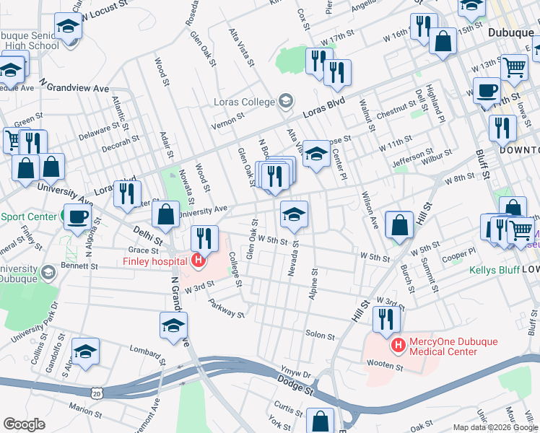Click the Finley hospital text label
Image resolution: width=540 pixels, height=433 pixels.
pyautogui.click(x=156, y=261)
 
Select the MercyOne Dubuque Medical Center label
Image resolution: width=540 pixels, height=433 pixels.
pyautogui.click(x=443, y=346)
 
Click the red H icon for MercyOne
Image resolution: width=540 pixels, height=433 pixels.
pyautogui.click(x=397, y=346)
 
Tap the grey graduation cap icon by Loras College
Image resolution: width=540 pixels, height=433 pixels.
pyautogui.click(x=286, y=101)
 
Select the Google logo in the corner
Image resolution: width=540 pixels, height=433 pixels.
pyautogui.click(x=25, y=424)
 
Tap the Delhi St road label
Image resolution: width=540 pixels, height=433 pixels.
pyautogui.click(x=148, y=234)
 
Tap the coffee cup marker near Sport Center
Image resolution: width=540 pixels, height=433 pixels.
pyautogui.click(x=77, y=216)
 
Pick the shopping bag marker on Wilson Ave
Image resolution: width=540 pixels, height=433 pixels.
pyautogui.click(x=399, y=224)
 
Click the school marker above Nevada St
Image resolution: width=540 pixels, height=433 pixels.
pyautogui.click(x=294, y=214)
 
